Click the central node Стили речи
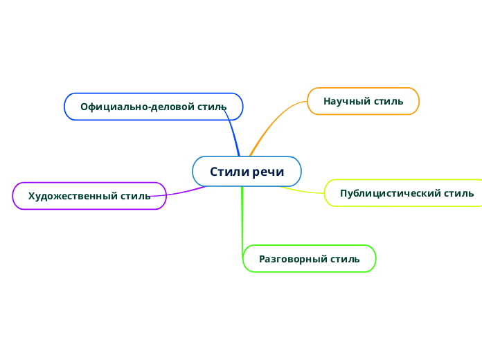point(247,172)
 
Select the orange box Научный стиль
point(363,101)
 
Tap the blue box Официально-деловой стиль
point(153,107)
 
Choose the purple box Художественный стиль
point(89,196)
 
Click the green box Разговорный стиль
point(309,259)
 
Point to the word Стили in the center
point(226,172)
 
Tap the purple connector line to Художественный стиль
point(184,192)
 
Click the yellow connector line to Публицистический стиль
point(305,189)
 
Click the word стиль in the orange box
point(389,101)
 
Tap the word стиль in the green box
point(345,259)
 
